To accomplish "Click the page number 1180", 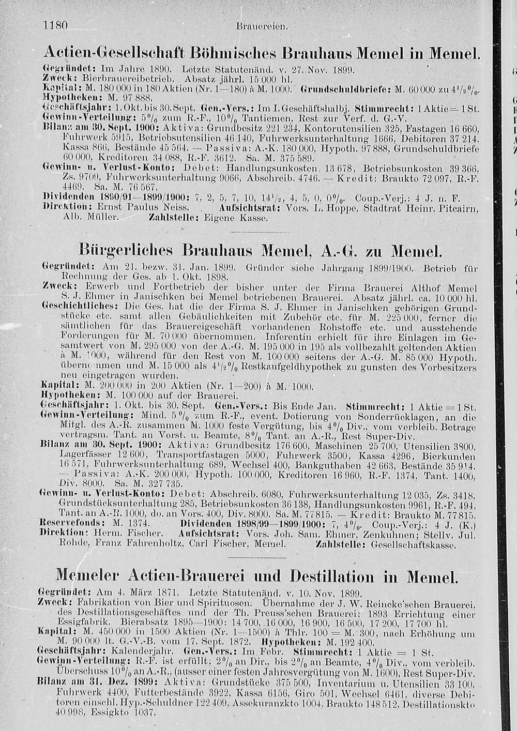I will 57,25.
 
